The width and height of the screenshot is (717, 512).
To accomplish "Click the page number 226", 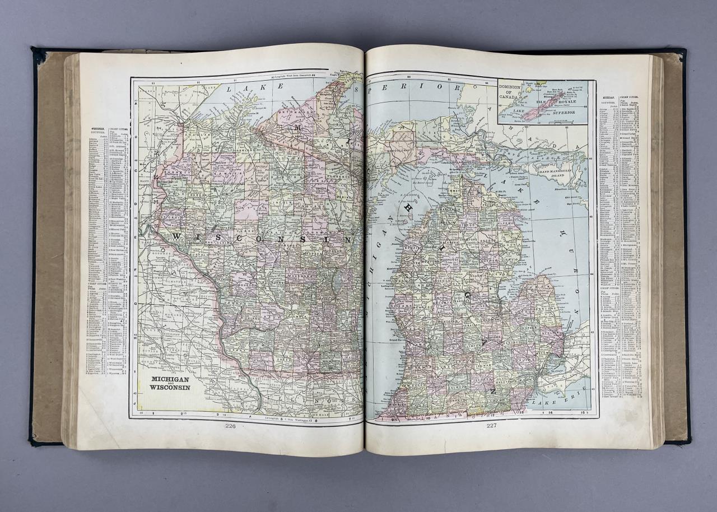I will pos(230,426).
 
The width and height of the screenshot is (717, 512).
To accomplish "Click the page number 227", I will pos(491,425).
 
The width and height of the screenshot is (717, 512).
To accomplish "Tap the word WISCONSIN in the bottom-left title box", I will pos(169,387).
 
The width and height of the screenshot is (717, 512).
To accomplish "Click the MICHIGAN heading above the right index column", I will pos(608,97).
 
